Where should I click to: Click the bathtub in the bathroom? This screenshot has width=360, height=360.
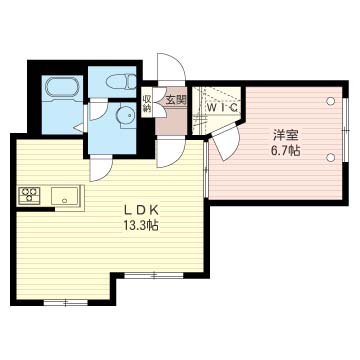click(65, 89)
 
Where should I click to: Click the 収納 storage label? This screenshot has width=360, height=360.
click(146, 103)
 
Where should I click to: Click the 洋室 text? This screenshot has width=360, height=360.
click(285, 135)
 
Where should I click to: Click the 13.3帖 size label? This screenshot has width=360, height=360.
click(141, 226)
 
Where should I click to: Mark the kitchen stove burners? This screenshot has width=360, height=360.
click(26, 195)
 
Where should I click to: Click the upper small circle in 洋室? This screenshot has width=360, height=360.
click(331, 101)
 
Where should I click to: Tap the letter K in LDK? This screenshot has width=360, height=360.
click(156, 210)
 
